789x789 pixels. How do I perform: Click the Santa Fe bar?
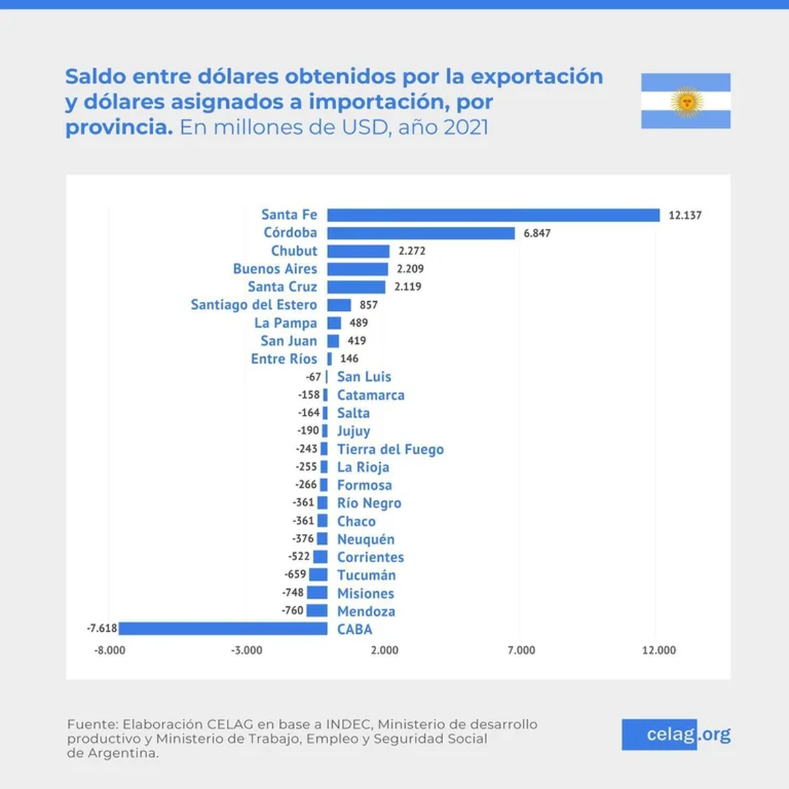[x=493, y=215]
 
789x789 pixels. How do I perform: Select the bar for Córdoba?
[x=421, y=233]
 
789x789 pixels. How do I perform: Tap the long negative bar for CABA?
[x=223, y=629]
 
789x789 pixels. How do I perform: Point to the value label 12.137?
[x=684, y=215]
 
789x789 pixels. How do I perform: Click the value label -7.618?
[x=102, y=628]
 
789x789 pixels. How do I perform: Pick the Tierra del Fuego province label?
[x=390, y=449]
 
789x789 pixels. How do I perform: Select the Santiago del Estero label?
[x=254, y=305]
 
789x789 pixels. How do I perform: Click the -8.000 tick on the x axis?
[x=110, y=650]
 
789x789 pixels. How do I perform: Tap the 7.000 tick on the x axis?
[x=521, y=650]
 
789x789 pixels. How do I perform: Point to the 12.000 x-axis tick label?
[x=659, y=650]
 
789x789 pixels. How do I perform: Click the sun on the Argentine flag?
[x=686, y=101]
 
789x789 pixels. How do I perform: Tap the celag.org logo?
[x=676, y=734]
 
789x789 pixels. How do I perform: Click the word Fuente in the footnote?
[x=92, y=724]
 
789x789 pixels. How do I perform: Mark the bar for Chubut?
[x=358, y=251]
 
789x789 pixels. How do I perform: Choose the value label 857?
[x=368, y=305]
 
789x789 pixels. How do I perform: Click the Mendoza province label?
[x=366, y=611]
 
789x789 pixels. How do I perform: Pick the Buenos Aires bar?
[x=358, y=269]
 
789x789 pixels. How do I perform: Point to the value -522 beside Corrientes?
[x=299, y=557]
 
